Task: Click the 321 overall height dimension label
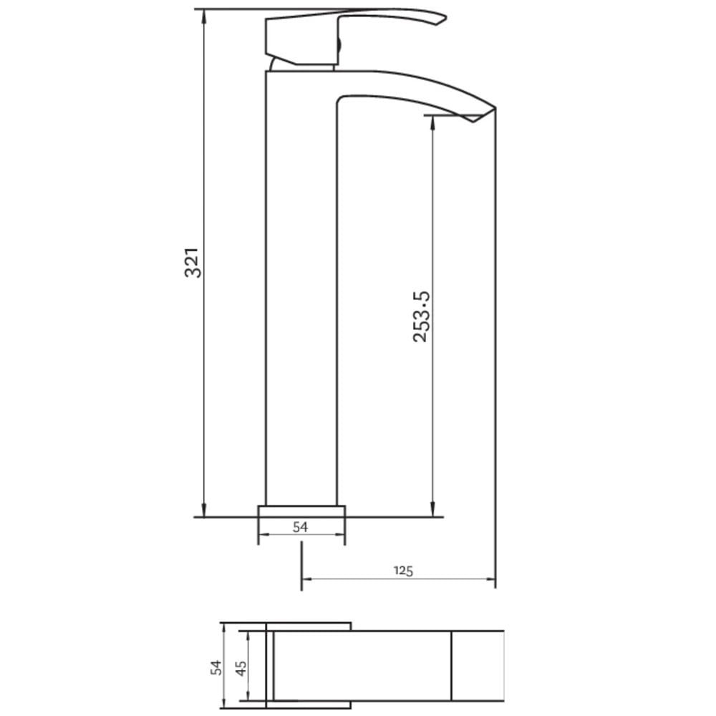[x=193, y=263]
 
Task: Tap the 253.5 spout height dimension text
[x=421, y=316]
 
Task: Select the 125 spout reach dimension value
[x=404, y=570]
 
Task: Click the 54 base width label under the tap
[x=301, y=527]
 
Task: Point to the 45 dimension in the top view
[x=241, y=667]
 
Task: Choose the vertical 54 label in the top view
[x=216, y=667]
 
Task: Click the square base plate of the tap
[x=301, y=511]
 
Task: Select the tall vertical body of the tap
[x=301, y=286]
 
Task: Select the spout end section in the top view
[x=478, y=666]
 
